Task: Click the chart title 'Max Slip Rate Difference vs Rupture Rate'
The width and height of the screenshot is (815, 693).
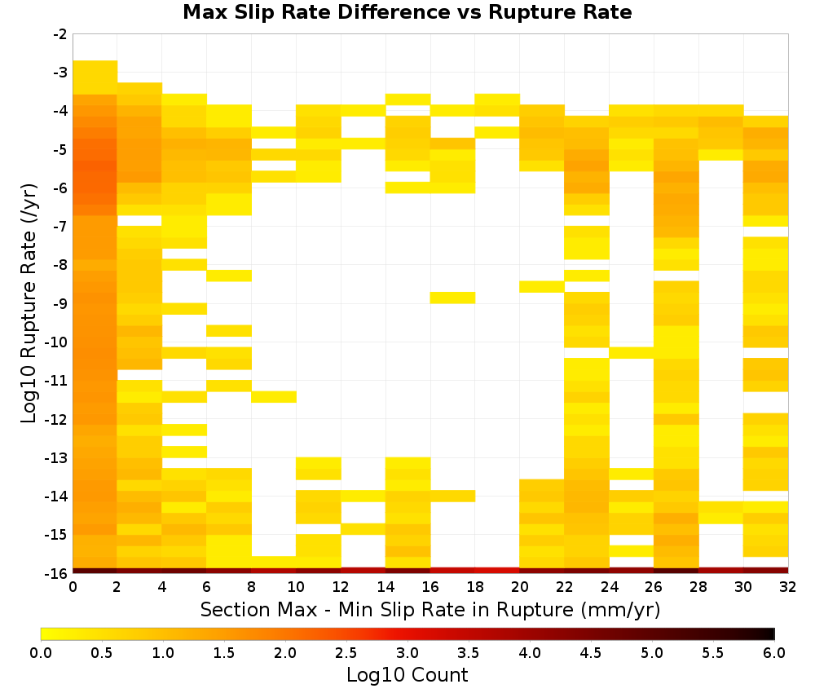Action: [407, 12]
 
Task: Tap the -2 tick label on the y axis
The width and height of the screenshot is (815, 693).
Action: [60, 35]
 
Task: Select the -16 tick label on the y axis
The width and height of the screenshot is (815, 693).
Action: [57, 573]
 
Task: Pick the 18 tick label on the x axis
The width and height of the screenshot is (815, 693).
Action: [475, 587]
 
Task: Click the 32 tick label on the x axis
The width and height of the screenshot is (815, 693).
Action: [788, 587]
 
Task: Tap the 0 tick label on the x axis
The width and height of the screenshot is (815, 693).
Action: [73, 587]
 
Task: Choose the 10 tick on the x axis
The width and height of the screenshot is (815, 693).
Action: [297, 573]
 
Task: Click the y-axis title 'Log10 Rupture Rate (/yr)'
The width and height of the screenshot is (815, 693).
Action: [29, 303]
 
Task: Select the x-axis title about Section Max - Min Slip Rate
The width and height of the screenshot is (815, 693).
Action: [430, 610]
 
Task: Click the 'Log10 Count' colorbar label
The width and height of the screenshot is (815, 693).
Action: [407, 675]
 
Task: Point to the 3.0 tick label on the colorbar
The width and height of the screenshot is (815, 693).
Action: [407, 652]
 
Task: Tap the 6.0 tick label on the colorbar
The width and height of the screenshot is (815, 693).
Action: [774, 652]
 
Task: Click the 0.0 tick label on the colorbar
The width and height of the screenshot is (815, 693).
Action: [41, 652]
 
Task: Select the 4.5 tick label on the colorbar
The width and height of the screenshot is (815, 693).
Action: [591, 652]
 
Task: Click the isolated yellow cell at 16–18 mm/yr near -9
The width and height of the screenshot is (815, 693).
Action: [452, 298]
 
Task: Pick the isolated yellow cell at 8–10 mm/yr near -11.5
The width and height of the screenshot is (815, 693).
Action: [274, 397]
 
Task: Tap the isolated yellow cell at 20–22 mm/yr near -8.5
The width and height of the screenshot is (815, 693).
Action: [542, 286]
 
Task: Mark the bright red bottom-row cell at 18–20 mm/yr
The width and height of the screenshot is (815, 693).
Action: [497, 571]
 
